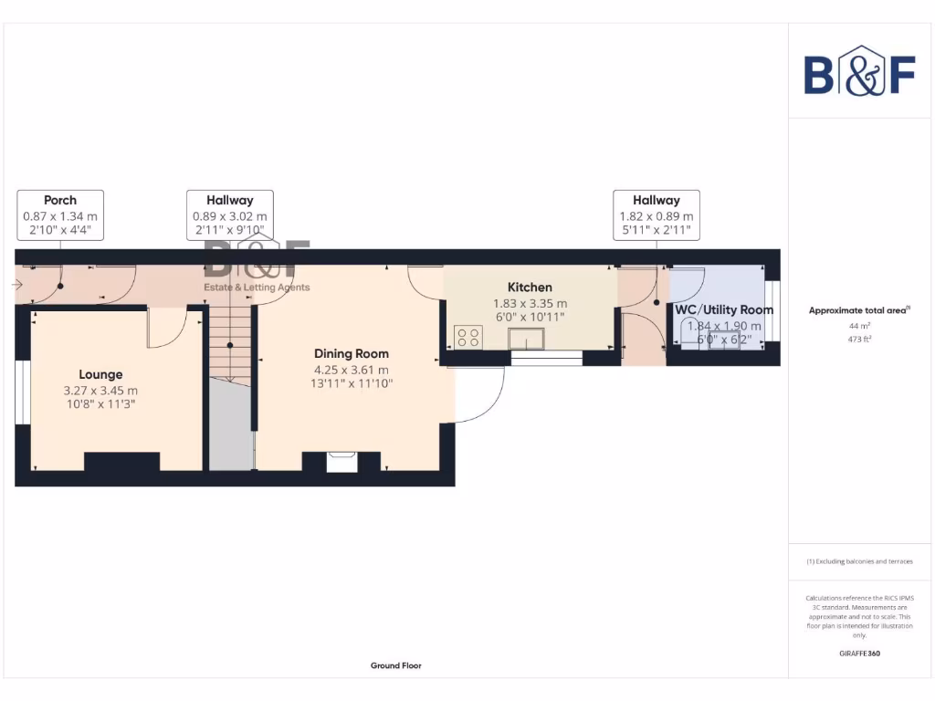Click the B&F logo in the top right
(x=859, y=71)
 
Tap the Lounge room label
(x=100, y=374)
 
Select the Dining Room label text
(x=352, y=354)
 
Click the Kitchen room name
(x=530, y=288)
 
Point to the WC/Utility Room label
(x=724, y=310)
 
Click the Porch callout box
(x=60, y=215)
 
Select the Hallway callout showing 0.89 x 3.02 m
(x=229, y=215)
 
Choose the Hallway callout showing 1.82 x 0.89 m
(x=657, y=215)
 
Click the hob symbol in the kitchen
(x=468, y=338)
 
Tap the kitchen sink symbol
(x=526, y=340)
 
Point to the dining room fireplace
(x=343, y=462)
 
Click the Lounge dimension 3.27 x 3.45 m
(x=100, y=391)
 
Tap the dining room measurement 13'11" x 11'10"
(x=352, y=384)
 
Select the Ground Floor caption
(x=395, y=666)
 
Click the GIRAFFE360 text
(x=859, y=654)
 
